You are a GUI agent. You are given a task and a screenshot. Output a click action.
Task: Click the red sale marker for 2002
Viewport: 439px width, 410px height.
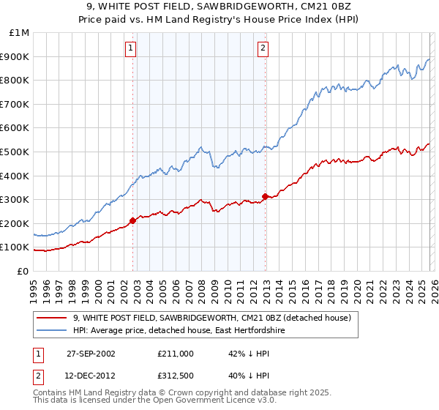[x=132, y=220]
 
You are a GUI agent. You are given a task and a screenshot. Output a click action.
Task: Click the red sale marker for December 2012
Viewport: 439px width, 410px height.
[x=265, y=196]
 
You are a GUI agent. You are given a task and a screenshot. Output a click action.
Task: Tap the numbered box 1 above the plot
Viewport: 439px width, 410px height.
[x=130, y=48]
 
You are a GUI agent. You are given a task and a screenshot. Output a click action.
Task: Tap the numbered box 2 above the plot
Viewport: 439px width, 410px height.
[x=262, y=48]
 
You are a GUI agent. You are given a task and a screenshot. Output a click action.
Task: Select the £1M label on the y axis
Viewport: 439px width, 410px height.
[x=20, y=33]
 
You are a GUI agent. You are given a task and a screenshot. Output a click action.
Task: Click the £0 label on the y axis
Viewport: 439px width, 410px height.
[x=23, y=271]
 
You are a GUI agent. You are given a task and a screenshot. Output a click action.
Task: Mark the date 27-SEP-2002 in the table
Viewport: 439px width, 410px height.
[x=91, y=353]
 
